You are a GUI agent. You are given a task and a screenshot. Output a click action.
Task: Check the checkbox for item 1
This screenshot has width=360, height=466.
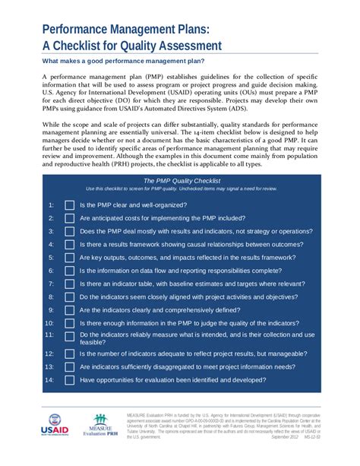coord(69,205)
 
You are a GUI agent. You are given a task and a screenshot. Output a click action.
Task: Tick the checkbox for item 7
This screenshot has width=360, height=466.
coord(69,284)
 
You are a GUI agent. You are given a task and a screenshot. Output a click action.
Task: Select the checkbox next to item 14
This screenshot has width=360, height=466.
coord(69,380)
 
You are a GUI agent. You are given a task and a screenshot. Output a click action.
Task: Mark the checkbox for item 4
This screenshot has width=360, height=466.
coord(69,245)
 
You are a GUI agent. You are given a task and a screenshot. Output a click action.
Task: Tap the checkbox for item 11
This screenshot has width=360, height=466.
coord(69,337)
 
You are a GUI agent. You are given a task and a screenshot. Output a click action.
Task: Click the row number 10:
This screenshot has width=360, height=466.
coord(49,323)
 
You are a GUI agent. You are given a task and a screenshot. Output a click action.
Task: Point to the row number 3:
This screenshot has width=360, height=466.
coord(51,231)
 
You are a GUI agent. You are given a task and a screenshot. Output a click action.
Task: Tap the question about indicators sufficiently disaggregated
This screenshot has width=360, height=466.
coord(188,366)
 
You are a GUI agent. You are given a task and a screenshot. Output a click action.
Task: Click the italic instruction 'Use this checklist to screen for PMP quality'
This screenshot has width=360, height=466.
coord(182,189)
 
